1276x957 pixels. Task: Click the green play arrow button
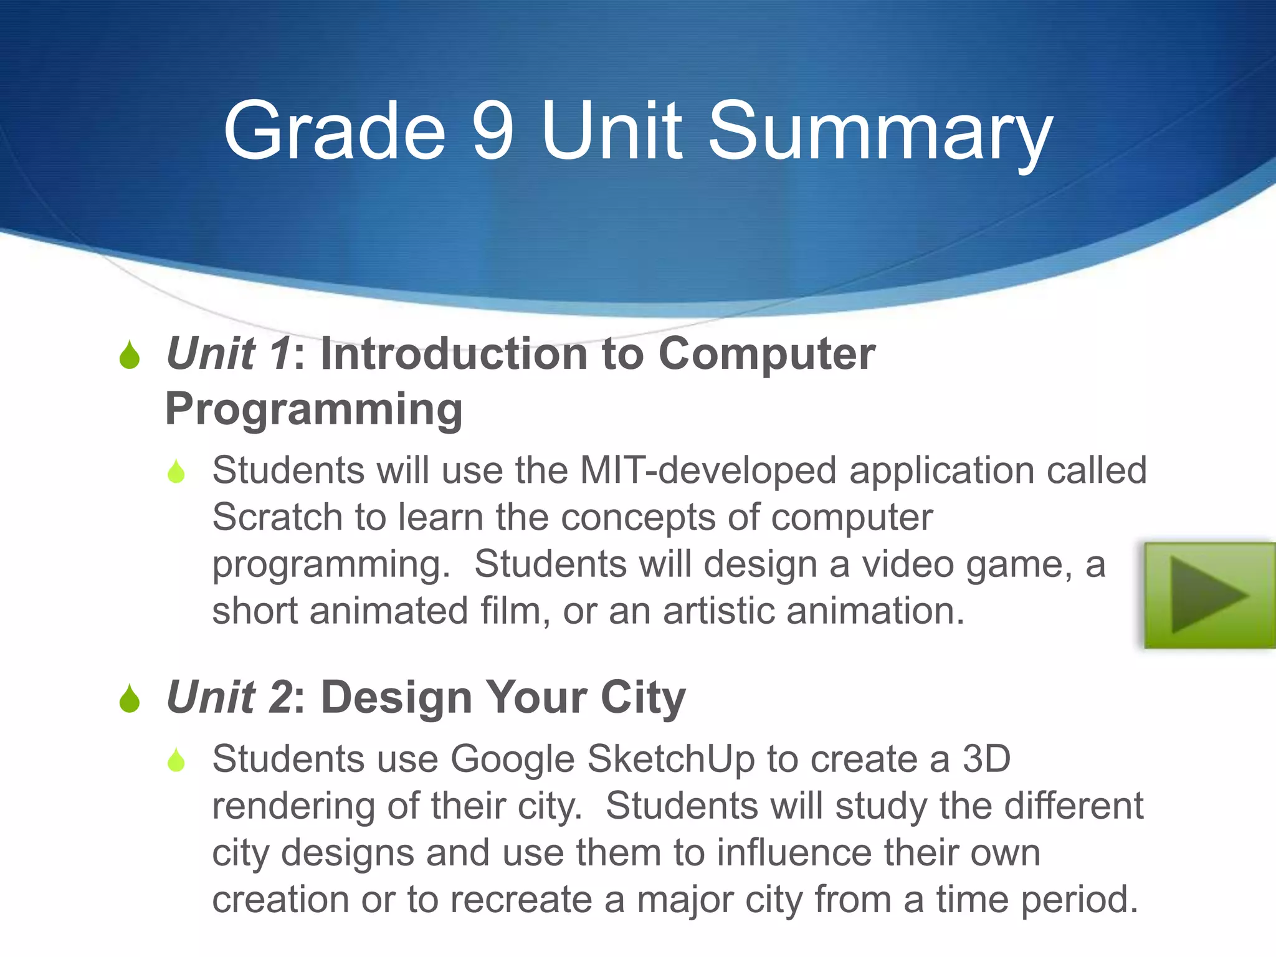pos(1209,595)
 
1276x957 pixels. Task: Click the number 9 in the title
pos(492,131)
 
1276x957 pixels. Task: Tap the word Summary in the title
pos(878,134)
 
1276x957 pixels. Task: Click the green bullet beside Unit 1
pos(130,355)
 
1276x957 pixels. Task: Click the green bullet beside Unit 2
pos(130,698)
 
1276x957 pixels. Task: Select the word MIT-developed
pos(708,470)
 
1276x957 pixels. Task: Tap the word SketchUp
pos(670,759)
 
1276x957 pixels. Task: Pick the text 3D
pos(986,759)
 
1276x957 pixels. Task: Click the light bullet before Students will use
pos(176,472)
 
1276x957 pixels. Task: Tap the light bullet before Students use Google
pos(176,760)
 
